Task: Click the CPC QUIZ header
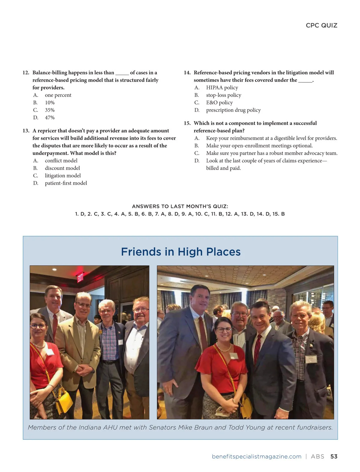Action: pos(321,25)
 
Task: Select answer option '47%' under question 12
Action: pos(50,117)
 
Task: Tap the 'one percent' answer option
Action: pos(58,95)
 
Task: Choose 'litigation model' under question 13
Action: pos(63,176)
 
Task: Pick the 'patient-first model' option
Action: pos(66,183)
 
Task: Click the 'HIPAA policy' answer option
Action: pos(222,88)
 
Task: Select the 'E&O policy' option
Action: pos(219,102)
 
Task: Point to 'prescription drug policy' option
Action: pos(233,110)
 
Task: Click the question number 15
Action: pos(187,123)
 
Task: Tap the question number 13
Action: pos(26,131)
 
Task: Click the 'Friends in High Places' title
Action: pos(181,252)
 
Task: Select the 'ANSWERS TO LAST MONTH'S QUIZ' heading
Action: pos(180,206)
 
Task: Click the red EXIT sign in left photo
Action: pos(80,277)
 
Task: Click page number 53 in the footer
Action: pos(334,456)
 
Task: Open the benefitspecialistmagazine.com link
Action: pos(256,456)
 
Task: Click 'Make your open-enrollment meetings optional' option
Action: pos(259,146)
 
